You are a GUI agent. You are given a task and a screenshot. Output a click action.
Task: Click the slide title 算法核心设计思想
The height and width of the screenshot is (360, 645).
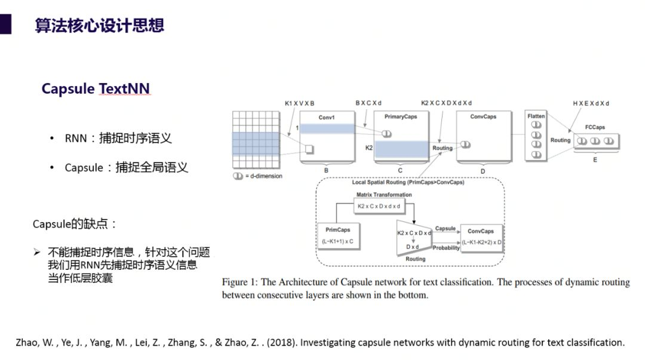point(99,26)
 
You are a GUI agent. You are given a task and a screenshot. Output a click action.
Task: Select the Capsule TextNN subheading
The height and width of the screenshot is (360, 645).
point(96,89)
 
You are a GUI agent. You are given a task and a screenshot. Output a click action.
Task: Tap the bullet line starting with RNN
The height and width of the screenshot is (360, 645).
point(118,139)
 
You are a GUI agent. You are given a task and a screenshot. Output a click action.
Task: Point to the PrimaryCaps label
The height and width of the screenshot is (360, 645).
point(401,117)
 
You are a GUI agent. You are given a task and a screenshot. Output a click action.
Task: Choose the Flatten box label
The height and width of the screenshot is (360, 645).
point(536,116)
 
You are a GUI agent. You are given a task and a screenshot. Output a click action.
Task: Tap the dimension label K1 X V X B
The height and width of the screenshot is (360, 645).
point(299,103)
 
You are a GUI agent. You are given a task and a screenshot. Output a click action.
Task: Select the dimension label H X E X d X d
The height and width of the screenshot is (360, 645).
point(591,103)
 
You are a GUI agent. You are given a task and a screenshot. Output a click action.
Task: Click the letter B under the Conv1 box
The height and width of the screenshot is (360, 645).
point(326,170)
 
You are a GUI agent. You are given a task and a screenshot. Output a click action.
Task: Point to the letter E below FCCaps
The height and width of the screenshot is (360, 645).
point(595,159)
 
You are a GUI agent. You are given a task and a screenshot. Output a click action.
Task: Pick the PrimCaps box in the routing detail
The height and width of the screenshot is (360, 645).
point(338,236)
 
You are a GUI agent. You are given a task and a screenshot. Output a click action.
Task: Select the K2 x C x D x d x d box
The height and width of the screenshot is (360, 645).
point(379,206)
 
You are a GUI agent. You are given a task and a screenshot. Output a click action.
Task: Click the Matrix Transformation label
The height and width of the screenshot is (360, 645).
point(384,195)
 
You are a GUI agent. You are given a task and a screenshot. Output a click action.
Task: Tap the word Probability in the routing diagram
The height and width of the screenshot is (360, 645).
point(446,248)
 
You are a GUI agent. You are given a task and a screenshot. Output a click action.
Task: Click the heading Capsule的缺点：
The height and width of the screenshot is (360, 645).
point(75,224)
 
